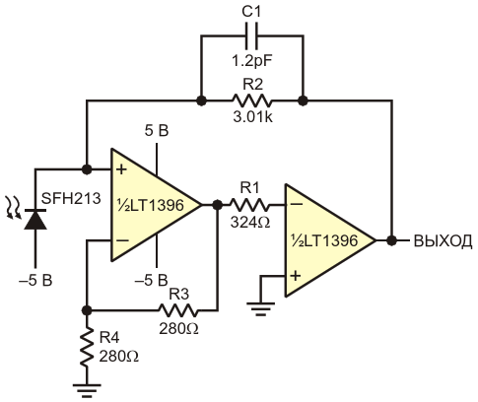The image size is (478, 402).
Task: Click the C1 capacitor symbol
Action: [251, 34]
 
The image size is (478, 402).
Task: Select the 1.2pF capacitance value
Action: [252, 61]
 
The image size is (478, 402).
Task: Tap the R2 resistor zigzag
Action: [252, 100]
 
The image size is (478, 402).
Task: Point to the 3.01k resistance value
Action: [252, 117]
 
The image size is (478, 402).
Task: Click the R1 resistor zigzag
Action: [249, 205]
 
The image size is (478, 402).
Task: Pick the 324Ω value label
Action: [250, 223]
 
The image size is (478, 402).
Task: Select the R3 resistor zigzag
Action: [178, 310]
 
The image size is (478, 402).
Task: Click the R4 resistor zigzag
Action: [87, 348]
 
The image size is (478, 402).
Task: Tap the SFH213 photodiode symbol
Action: [35, 219]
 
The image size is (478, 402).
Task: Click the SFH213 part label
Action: [71, 198]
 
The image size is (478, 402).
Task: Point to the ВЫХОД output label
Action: [443, 240]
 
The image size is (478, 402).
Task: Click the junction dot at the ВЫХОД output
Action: [391, 240]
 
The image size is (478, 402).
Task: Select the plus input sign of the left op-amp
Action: [121, 169]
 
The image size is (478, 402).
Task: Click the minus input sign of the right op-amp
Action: [297, 204]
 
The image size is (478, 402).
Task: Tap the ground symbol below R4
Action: [87, 390]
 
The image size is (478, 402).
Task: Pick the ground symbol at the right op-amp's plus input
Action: [261, 308]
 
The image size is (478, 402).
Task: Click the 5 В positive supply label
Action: [157, 131]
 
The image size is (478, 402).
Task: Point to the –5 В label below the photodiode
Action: [35, 281]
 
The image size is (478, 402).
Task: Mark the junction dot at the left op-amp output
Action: [217, 205]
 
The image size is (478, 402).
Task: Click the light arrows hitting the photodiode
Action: [14, 207]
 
